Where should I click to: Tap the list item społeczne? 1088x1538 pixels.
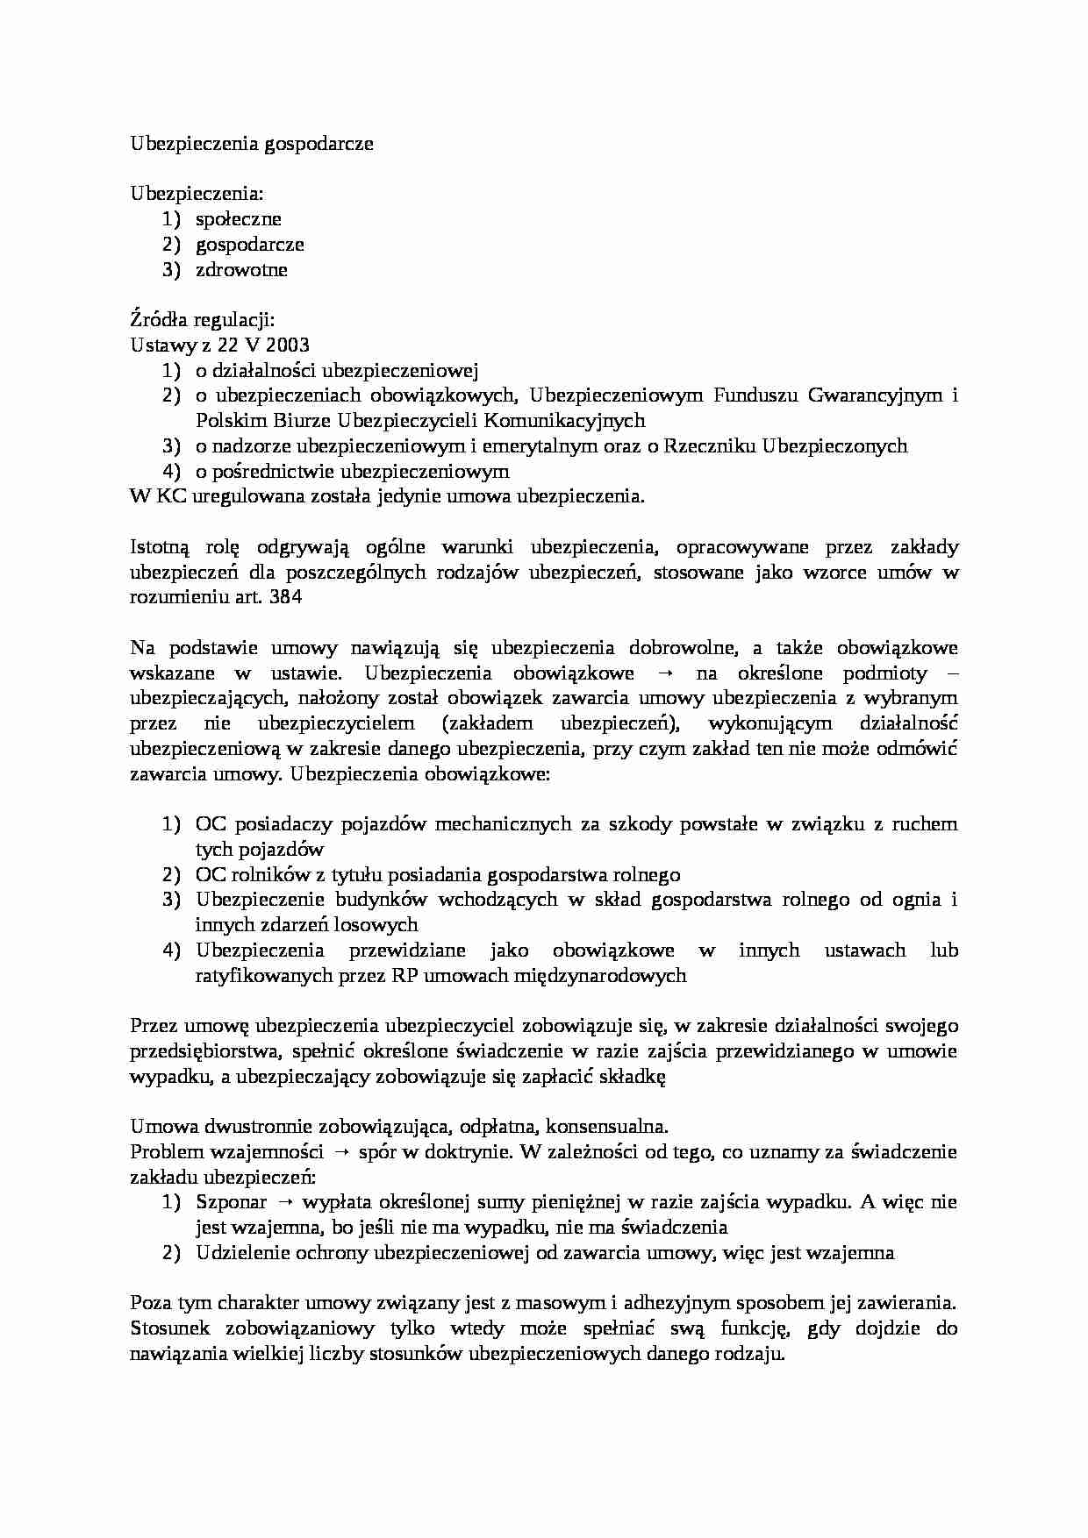pos(239,219)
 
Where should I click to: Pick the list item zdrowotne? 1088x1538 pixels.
pos(241,270)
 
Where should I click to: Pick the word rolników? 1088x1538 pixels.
pos(273,875)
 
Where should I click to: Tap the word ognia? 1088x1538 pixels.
pos(918,900)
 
